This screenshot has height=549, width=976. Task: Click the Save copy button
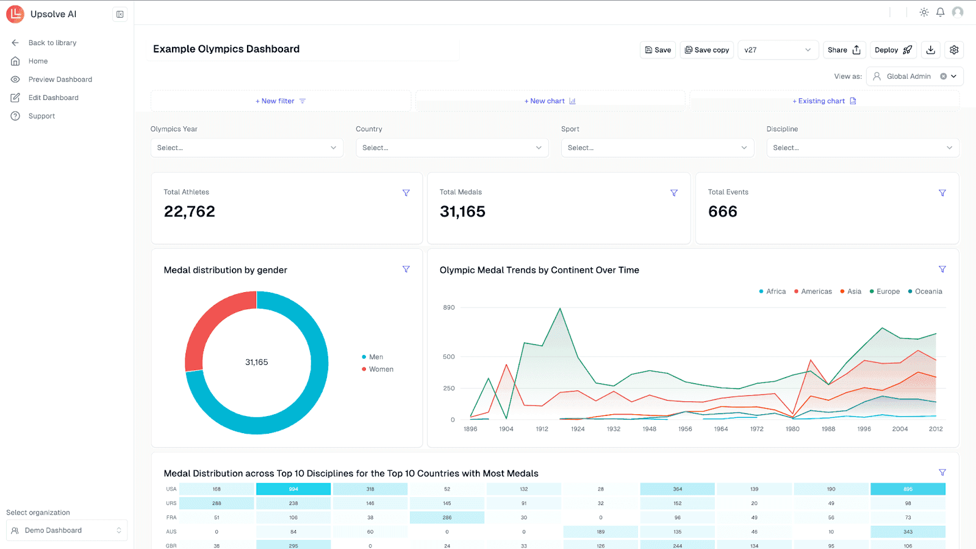tap(707, 50)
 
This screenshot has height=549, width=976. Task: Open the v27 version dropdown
tap(777, 50)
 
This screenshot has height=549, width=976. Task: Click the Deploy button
tap(893, 50)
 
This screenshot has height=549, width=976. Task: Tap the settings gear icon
tap(954, 50)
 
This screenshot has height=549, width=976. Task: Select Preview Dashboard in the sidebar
tap(60, 79)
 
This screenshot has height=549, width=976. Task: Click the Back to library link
tap(52, 43)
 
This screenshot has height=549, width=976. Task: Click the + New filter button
tap(281, 101)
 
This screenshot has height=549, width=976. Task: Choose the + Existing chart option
tap(824, 101)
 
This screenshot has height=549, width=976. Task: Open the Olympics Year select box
tap(246, 148)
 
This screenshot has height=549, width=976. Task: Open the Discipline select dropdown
tap(863, 148)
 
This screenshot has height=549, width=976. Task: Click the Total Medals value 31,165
tap(462, 212)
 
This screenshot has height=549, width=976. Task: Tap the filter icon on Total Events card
tap(942, 193)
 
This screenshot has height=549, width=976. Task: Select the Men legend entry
tap(376, 357)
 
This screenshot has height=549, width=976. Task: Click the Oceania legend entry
tap(928, 292)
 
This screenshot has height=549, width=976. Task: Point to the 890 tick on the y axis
tap(449, 307)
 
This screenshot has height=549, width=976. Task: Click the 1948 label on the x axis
tap(649, 429)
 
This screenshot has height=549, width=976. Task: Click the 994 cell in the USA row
tap(293, 489)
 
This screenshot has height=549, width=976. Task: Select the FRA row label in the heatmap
tap(171, 517)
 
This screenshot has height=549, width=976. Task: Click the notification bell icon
tap(940, 12)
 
